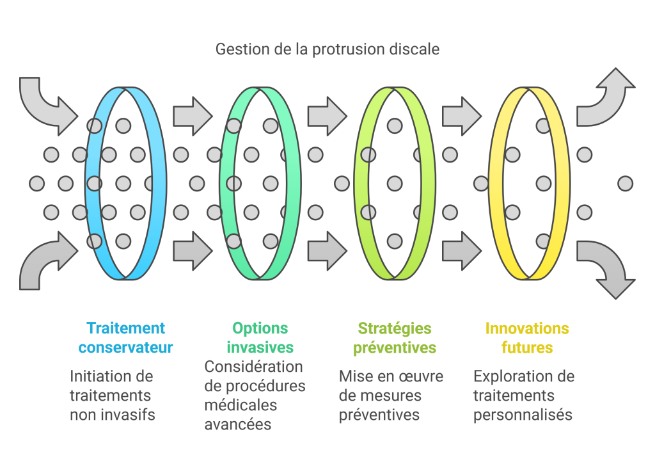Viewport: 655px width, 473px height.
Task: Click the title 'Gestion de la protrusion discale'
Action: tap(327, 49)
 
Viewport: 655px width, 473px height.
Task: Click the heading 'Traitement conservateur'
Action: tap(126, 338)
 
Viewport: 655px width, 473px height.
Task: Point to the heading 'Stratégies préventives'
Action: tap(395, 338)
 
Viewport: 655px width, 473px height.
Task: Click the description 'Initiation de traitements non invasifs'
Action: tap(113, 396)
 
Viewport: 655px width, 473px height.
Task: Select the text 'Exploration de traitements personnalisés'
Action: tap(523, 396)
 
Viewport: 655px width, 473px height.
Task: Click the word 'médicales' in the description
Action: tap(241, 405)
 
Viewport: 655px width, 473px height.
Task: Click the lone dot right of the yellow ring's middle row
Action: tap(625, 184)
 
